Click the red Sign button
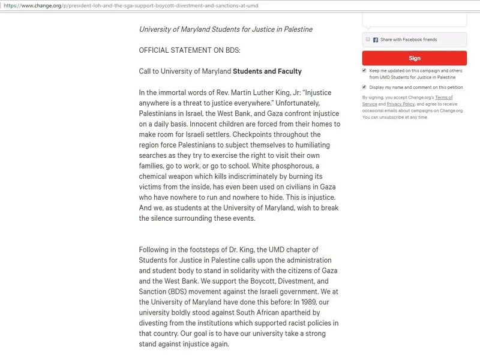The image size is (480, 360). point(414,58)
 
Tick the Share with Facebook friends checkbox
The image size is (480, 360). point(368,40)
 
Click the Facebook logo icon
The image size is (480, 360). point(376,40)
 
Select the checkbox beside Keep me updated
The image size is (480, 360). point(364,70)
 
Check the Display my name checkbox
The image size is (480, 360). point(364,87)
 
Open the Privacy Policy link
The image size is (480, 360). point(400,104)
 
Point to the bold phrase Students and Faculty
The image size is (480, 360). point(267,71)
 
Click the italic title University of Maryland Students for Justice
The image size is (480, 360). point(226,29)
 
